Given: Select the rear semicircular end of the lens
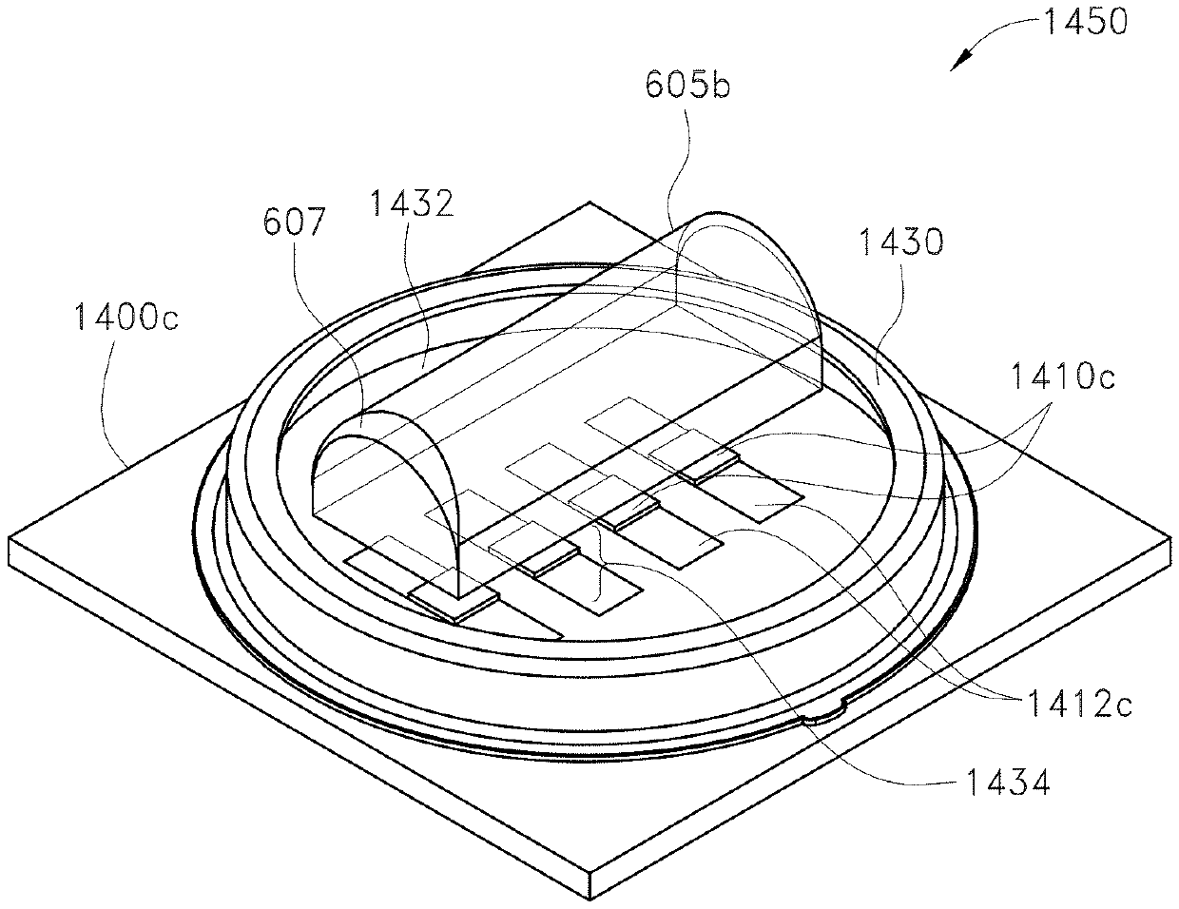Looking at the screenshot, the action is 751,285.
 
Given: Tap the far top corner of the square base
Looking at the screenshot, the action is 590,203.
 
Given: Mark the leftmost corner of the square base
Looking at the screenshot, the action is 10,540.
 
